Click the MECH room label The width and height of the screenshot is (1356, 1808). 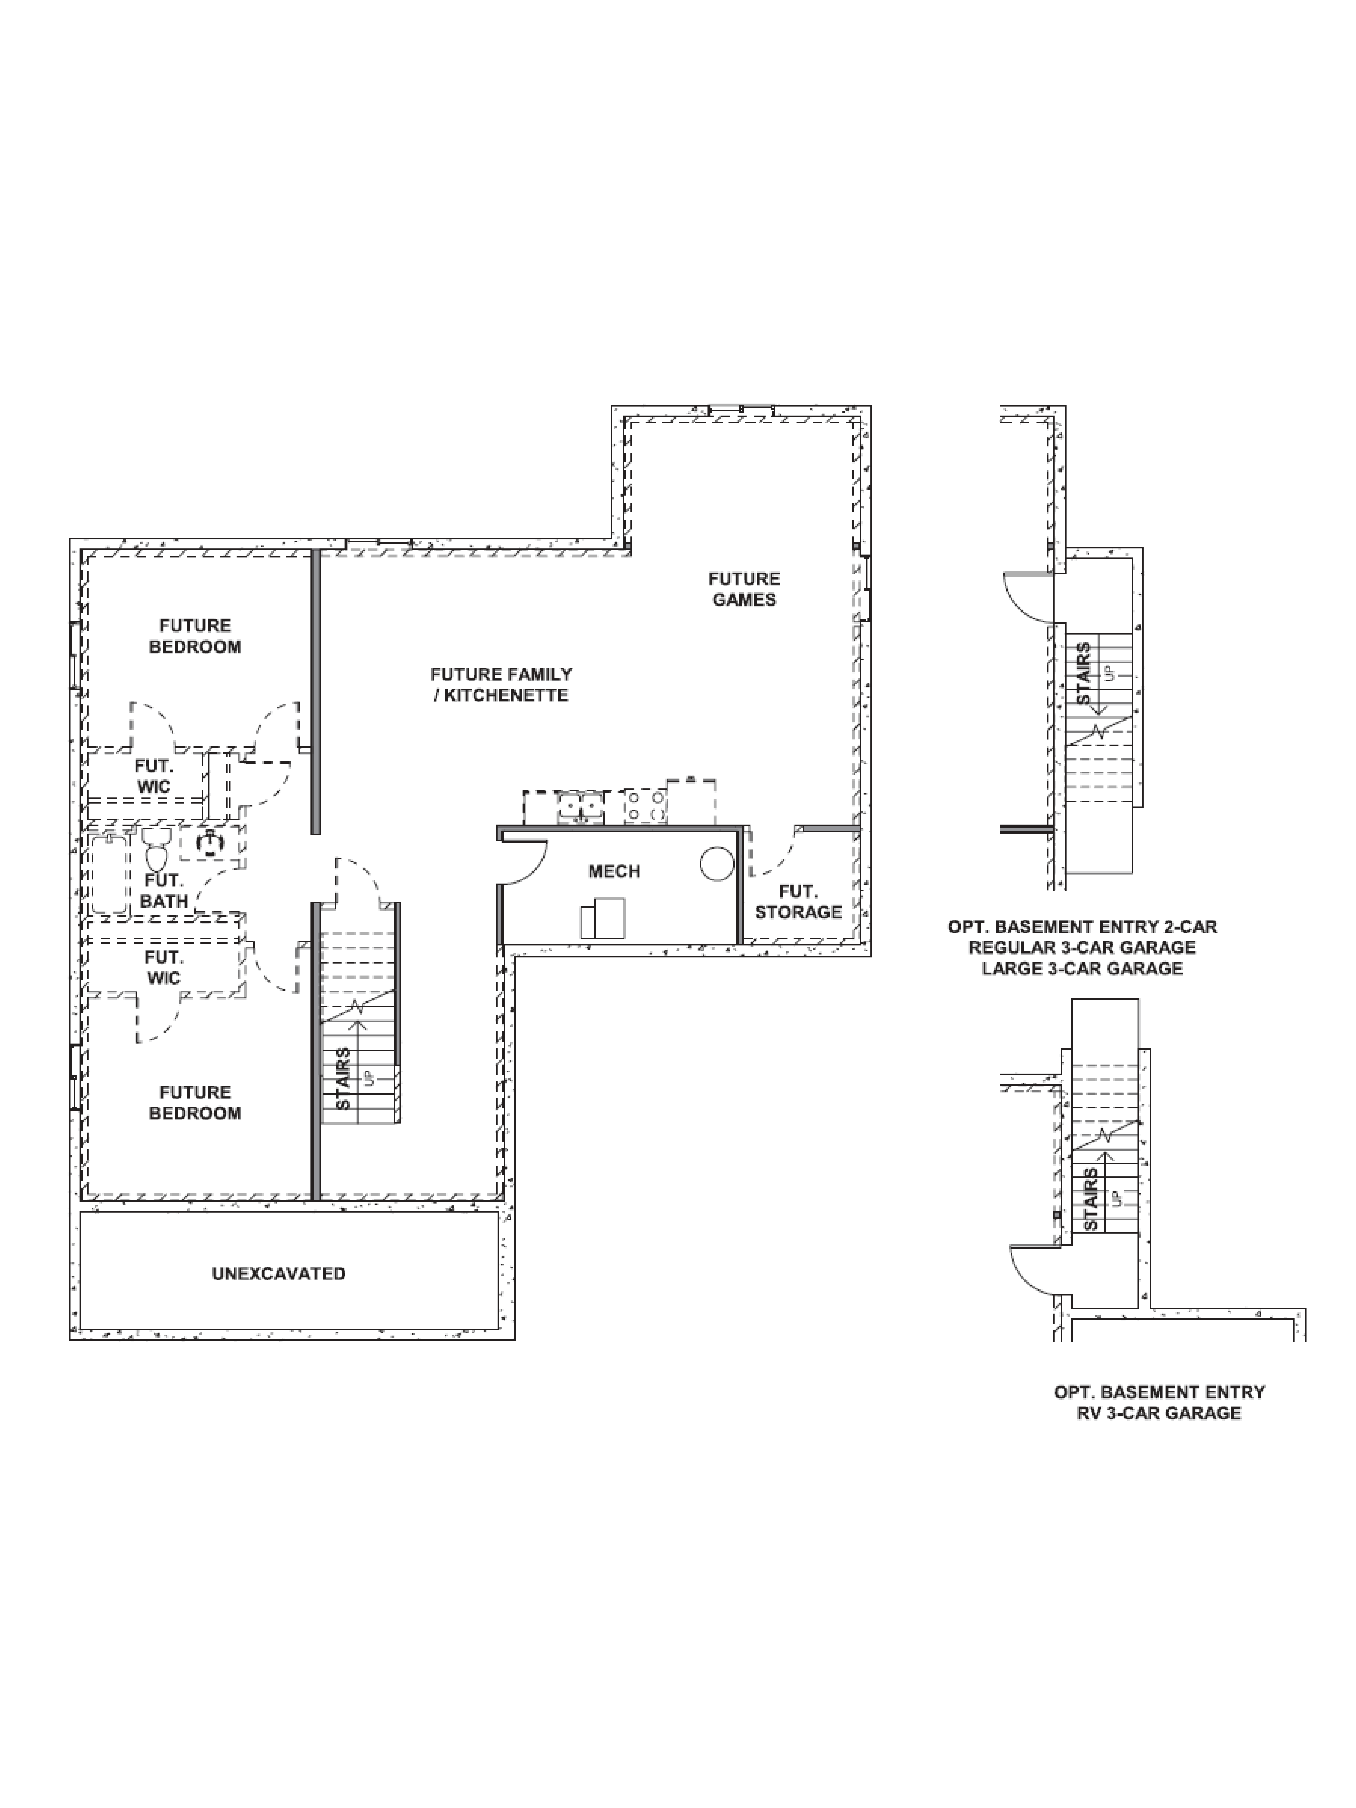pyautogui.click(x=614, y=871)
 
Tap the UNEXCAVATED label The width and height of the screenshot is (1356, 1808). pyautogui.click(x=279, y=1273)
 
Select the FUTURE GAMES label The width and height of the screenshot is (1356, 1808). pyautogui.click(x=744, y=588)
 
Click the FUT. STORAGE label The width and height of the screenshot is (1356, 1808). pyautogui.click(x=798, y=902)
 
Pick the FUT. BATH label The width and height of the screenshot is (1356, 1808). pyautogui.click(x=164, y=890)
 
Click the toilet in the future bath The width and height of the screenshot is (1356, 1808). pyautogui.click(x=156, y=850)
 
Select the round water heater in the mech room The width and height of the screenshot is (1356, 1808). pyautogui.click(x=717, y=863)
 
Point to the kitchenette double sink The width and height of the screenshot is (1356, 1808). pyautogui.click(x=580, y=807)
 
